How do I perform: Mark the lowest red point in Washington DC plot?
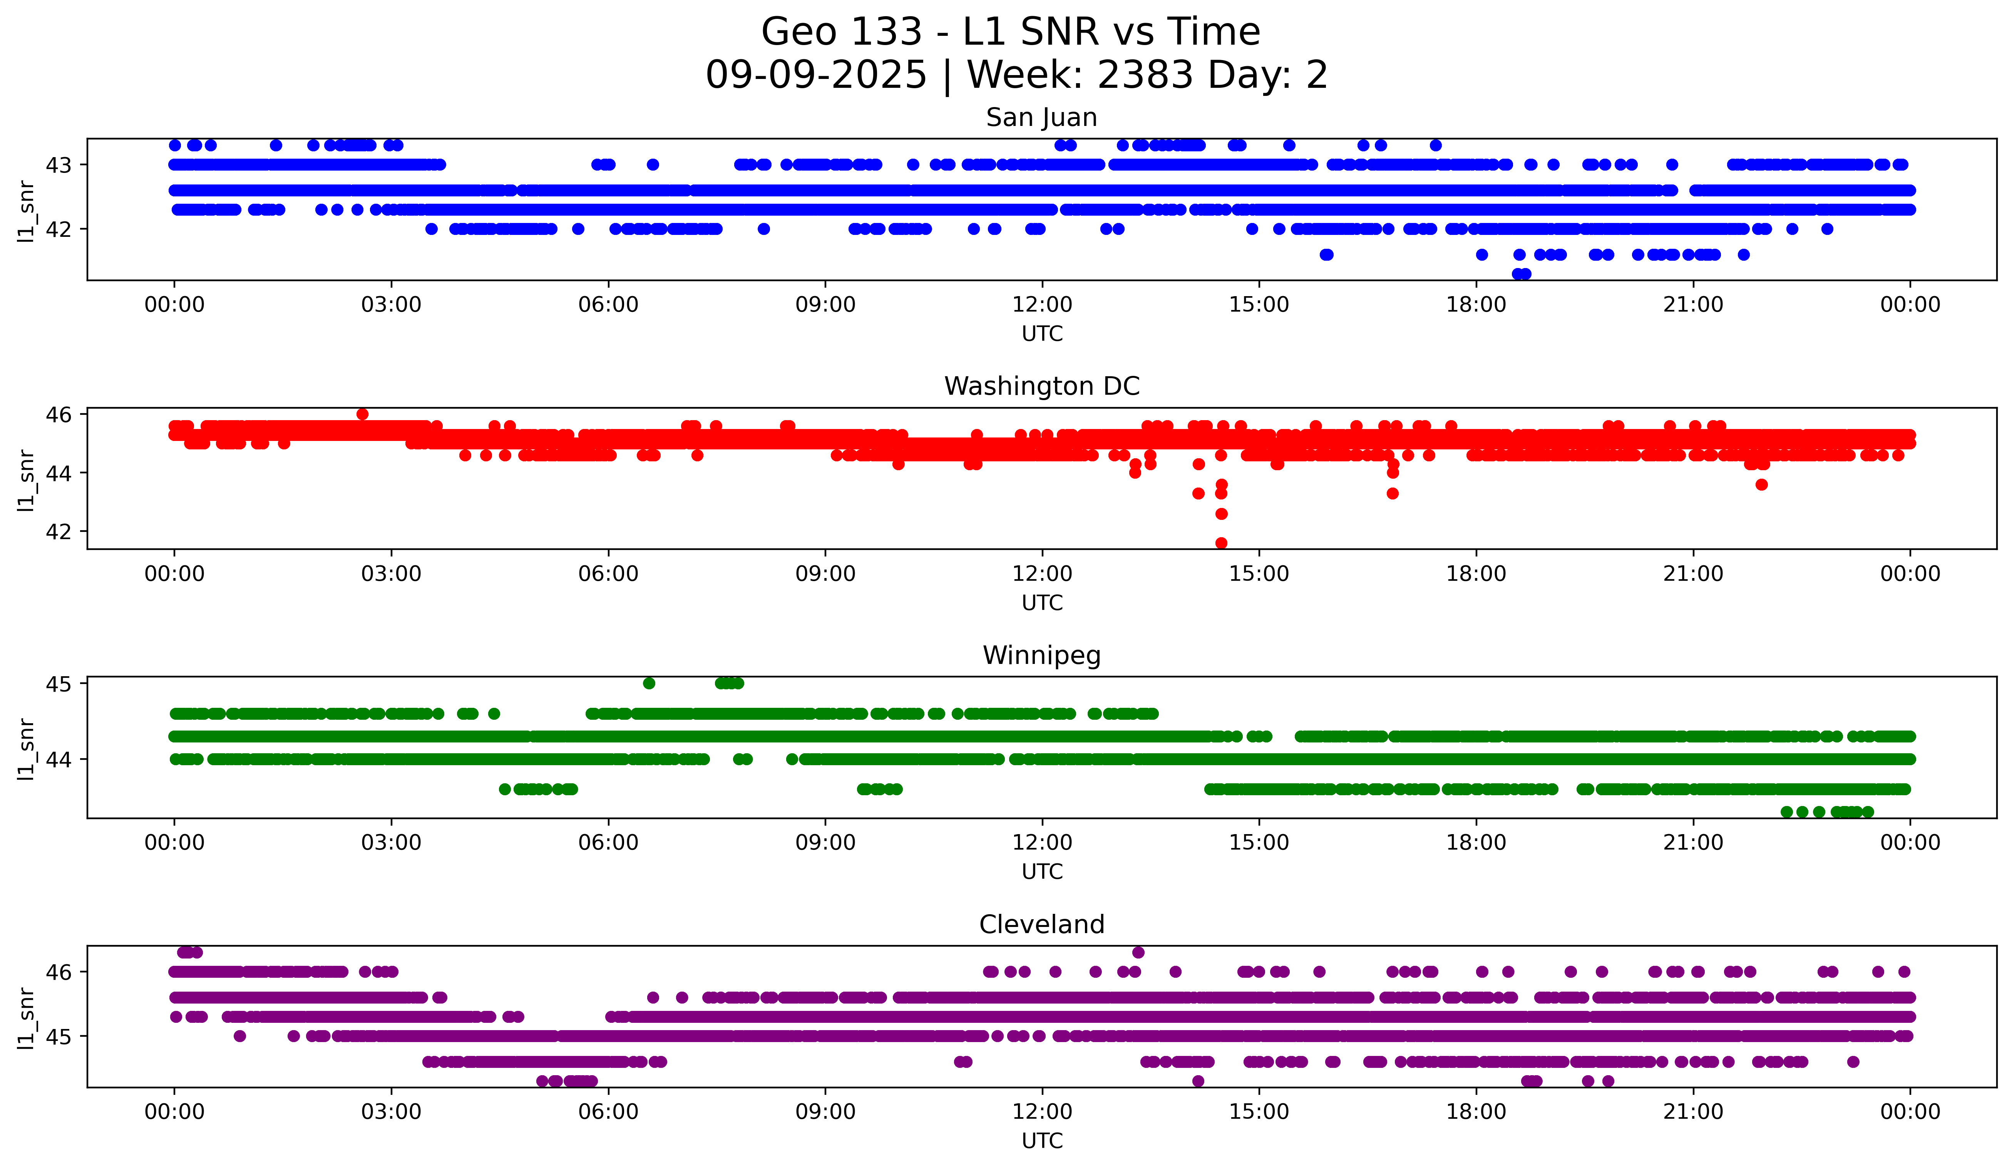pos(1221,543)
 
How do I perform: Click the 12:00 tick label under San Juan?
pos(1042,305)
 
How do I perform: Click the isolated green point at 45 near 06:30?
pos(649,684)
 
